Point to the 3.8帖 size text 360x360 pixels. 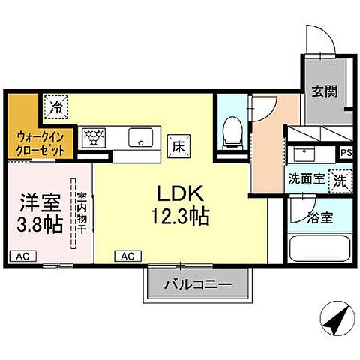[x=35, y=224]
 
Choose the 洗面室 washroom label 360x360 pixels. [x=306, y=180]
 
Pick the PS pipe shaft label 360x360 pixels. [x=346, y=153]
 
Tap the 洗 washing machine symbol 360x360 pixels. [x=340, y=181]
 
